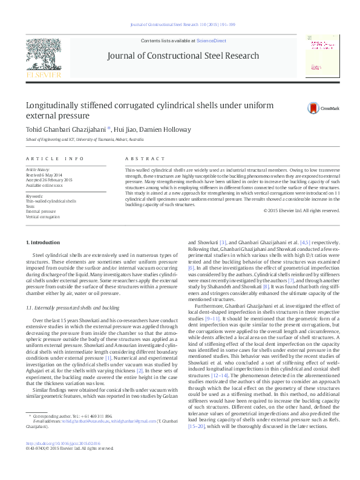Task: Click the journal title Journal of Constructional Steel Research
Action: [x=183, y=56]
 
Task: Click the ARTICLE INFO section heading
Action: [x=55, y=158]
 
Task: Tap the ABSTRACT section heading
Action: [x=140, y=158]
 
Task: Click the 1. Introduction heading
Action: [x=43, y=242]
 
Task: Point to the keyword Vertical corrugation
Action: [x=42, y=216]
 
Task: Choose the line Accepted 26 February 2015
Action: [x=48, y=180]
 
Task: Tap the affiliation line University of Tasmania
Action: [x=85, y=139]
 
